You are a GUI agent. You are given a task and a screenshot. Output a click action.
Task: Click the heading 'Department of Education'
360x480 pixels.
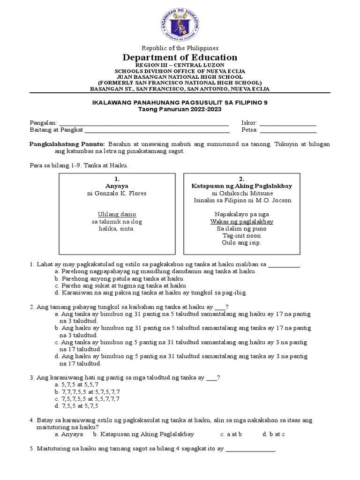[x=180, y=57]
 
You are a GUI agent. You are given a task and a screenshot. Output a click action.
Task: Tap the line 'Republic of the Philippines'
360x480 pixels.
[x=180, y=48]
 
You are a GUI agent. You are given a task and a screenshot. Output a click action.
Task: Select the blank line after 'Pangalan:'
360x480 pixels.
[x=143, y=123]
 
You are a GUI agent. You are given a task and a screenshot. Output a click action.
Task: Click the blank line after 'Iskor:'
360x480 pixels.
[x=288, y=123]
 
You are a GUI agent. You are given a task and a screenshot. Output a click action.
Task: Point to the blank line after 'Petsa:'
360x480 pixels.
[x=288, y=130]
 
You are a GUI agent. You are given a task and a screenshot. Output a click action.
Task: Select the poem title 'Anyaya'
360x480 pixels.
[x=117, y=186]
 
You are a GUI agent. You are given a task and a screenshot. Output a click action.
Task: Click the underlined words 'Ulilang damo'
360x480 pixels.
[x=117, y=214]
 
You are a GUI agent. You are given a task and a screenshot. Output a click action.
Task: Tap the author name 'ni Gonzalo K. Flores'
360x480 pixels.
[x=117, y=193]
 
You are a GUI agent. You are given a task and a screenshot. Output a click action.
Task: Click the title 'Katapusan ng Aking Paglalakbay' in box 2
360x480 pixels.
[x=242, y=186]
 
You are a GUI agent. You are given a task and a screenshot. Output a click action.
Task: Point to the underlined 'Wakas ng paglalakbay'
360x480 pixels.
[x=242, y=221]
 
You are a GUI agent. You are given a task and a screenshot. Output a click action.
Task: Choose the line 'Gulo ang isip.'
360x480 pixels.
[x=242, y=242]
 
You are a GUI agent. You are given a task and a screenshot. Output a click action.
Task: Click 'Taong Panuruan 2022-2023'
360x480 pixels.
[x=180, y=109]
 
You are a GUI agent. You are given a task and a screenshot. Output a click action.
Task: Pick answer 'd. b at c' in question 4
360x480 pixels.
[x=274, y=434]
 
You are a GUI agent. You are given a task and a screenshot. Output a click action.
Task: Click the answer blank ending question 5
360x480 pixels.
[x=250, y=449]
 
